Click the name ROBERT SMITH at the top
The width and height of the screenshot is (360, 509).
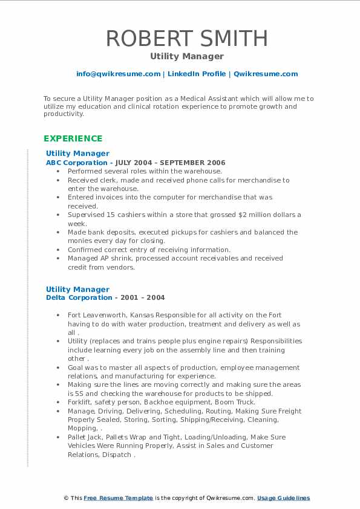tap(187, 38)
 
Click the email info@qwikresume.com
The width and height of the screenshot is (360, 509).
tap(118, 74)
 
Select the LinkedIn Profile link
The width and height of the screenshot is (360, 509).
tap(197, 74)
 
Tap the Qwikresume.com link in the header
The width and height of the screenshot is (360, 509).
tap(266, 74)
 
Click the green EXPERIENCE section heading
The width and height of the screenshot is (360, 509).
tap(73, 138)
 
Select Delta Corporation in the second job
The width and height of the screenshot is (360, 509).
tap(79, 297)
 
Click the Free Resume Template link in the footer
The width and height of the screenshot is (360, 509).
tap(119, 498)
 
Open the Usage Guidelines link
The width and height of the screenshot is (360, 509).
tap(283, 498)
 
